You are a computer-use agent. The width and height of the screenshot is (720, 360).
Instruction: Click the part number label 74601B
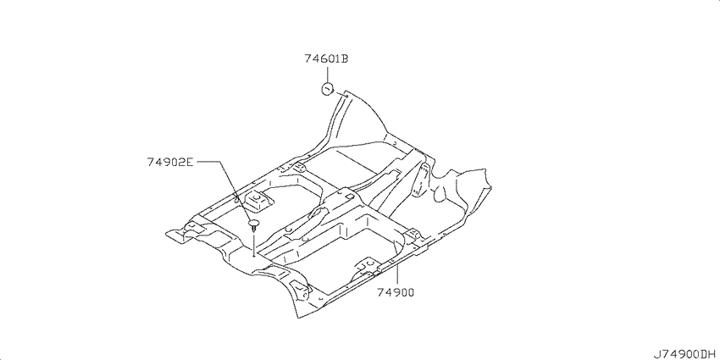[x=326, y=58]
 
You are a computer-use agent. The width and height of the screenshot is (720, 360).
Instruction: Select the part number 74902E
[x=171, y=162]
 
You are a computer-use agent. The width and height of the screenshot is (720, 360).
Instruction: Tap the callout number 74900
[x=396, y=292]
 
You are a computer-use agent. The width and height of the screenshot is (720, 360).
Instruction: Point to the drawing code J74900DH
[x=684, y=353]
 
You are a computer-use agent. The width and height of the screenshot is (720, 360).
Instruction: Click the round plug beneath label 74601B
[x=327, y=89]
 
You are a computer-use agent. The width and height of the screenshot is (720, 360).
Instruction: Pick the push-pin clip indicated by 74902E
[x=253, y=225]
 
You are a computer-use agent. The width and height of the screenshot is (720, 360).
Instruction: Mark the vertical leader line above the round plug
[x=327, y=75]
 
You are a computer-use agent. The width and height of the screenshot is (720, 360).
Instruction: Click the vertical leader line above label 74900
[x=396, y=274]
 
